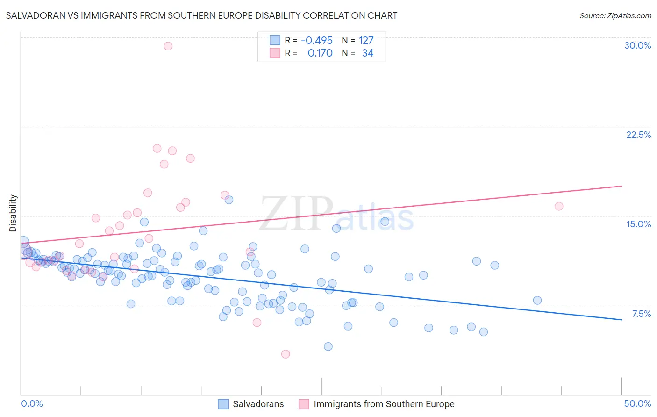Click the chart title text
tap(201, 15)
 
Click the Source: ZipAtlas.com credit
tap(615, 15)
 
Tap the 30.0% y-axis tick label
tap(637, 45)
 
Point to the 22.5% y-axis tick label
tap(638, 135)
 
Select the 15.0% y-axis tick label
tap(638, 224)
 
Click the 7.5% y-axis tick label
tap(641, 314)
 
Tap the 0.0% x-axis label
tap(32, 403)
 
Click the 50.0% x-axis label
tap(637, 403)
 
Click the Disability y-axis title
tap(13, 213)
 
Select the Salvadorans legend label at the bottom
tap(258, 404)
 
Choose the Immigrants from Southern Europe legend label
tap(384, 404)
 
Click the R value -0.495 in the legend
tap(317, 41)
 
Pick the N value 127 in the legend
tap(366, 41)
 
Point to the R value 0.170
tap(320, 53)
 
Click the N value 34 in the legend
tap(368, 53)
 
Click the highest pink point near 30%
tap(168, 46)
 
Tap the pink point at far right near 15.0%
tap(559, 206)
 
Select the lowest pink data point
tap(286, 354)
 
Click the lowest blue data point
tap(328, 346)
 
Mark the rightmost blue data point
tap(537, 300)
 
